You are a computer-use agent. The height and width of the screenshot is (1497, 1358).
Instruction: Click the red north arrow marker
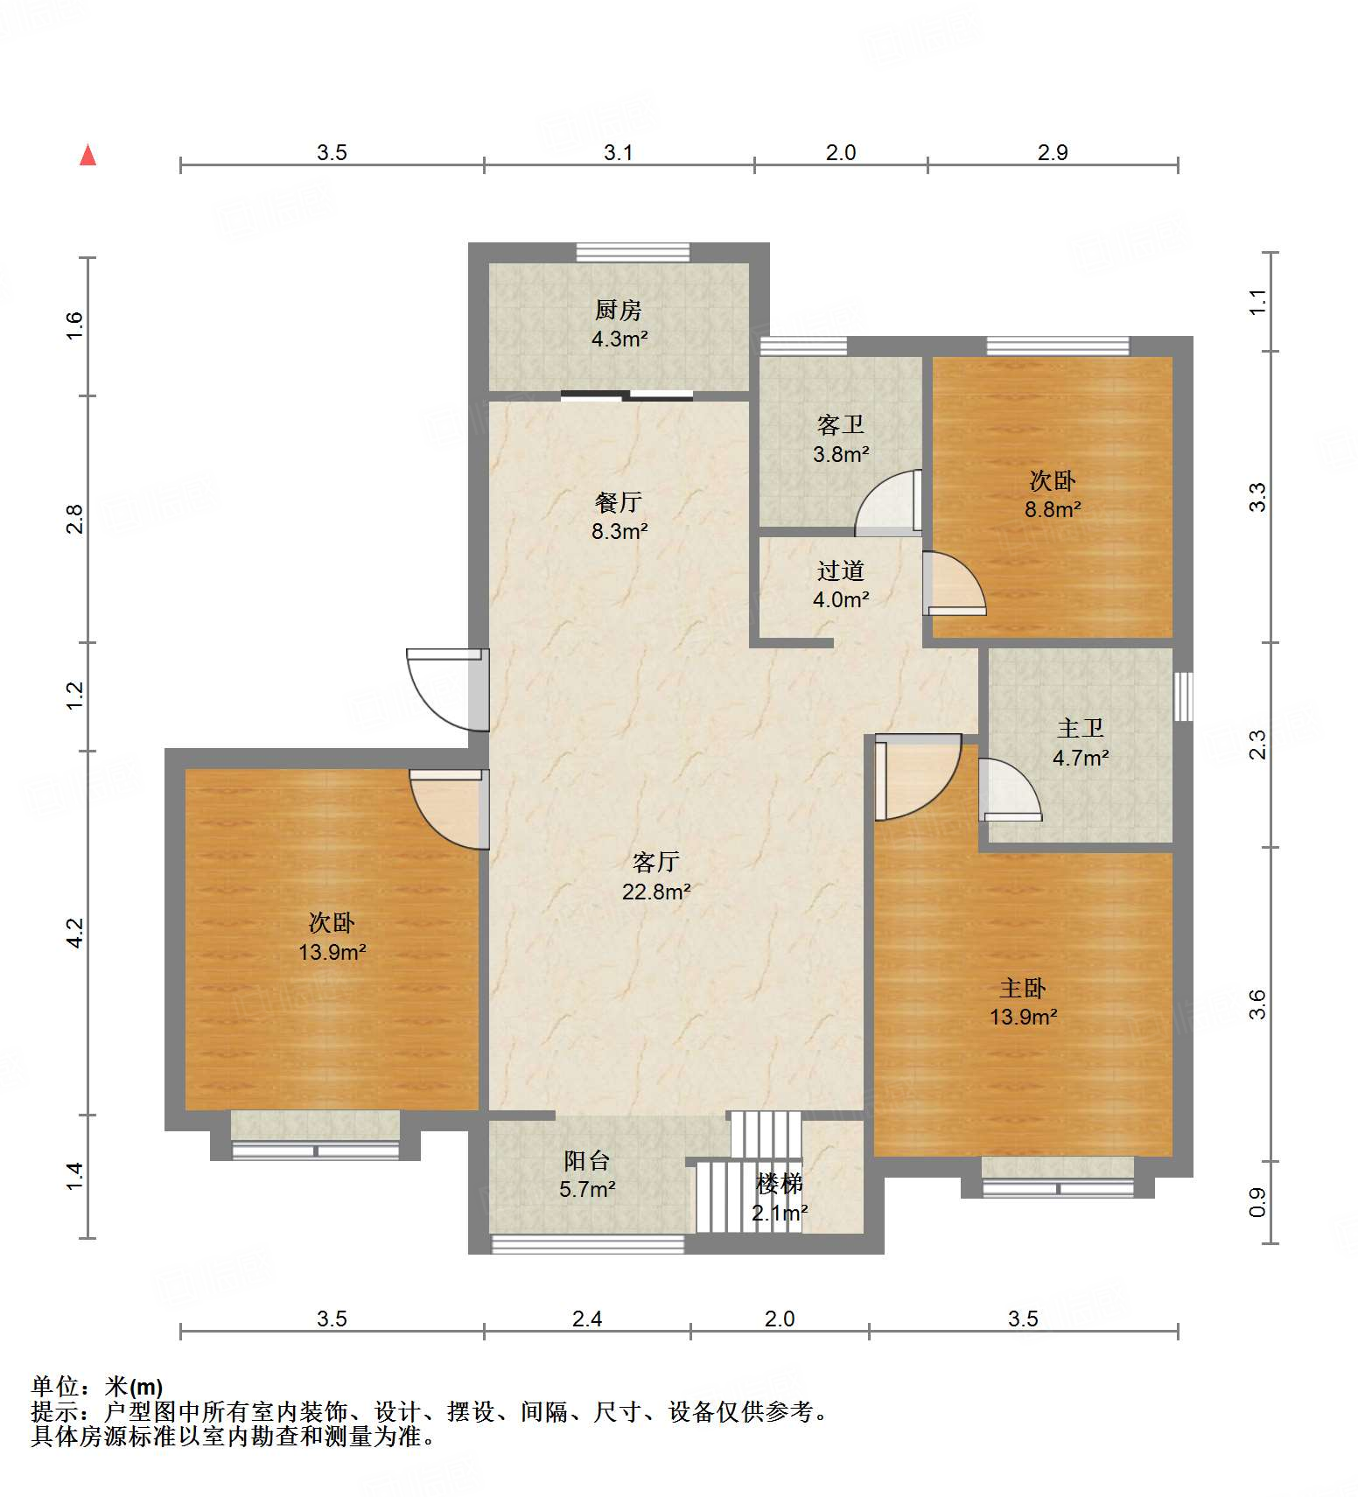tap(87, 155)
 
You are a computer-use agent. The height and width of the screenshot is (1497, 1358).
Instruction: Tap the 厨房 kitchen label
tap(619, 310)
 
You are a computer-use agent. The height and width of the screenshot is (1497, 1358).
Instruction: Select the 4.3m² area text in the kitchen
tap(619, 339)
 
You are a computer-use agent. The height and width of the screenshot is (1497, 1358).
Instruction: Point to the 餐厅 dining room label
tap(619, 502)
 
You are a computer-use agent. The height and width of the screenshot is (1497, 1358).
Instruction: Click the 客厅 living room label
tap(656, 863)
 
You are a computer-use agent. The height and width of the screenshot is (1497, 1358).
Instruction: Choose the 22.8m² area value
tap(656, 892)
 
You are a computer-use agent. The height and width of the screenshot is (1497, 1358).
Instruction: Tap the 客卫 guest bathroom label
tap(841, 425)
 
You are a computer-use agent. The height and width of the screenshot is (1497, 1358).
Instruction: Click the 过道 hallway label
tap(841, 571)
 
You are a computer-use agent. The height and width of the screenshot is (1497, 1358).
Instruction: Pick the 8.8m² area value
tap(1053, 509)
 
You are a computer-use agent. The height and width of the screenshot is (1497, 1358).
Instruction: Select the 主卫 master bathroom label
tap(1081, 729)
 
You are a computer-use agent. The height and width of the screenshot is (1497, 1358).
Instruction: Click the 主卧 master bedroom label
tap(1023, 989)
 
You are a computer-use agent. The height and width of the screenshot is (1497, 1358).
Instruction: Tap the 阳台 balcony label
tap(587, 1161)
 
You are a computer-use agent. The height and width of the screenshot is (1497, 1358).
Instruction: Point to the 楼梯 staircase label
tap(780, 1185)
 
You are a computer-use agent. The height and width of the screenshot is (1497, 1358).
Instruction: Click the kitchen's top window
tap(633, 252)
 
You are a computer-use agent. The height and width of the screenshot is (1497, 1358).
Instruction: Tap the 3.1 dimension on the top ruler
tap(619, 152)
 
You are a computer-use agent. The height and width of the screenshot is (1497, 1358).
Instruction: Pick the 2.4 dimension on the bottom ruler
tap(587, 1319)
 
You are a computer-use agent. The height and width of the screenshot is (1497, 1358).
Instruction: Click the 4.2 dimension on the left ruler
tap(75, 933)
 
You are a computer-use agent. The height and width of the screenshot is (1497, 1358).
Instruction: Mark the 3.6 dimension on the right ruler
tap(1257, 1004)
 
